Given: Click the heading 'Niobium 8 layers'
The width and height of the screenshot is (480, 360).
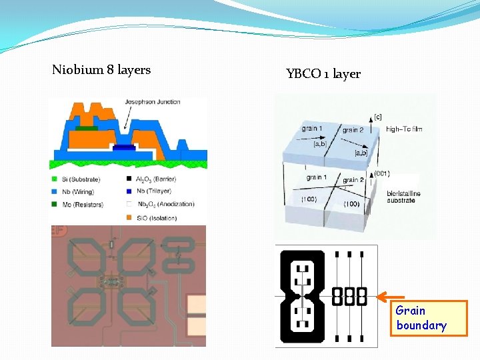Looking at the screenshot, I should pos(101,69).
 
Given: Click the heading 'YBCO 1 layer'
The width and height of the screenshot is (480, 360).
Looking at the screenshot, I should pos(323,73).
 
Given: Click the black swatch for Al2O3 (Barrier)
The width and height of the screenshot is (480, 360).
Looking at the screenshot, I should pos(129,179).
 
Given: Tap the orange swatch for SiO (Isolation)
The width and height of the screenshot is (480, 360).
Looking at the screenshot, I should pos(129,217).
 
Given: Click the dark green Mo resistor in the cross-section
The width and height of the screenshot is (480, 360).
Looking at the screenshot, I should pos(86,127).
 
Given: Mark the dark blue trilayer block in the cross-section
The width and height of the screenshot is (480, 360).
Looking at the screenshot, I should pos(124,147).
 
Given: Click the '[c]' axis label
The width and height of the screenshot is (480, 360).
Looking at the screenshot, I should pos(378,117).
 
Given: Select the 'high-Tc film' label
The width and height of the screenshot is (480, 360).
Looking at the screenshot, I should pos(404,129).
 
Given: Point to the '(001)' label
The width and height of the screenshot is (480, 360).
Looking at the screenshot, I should pos(382,173).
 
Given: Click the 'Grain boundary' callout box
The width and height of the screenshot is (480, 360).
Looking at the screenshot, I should pos(429,318).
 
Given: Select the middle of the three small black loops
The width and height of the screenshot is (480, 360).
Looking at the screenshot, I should pos(349,297).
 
